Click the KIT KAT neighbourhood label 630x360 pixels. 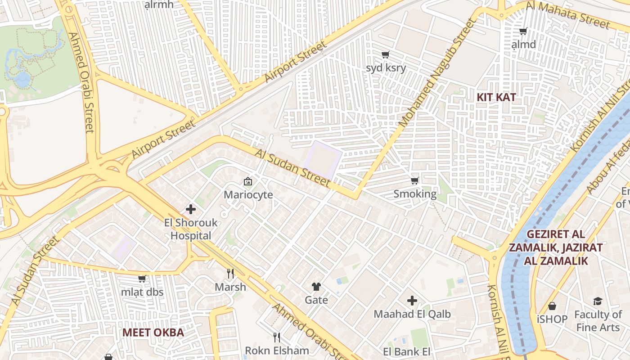coord(496,97)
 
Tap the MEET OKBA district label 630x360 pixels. coord(153,333)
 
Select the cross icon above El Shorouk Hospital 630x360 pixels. coord(191,209)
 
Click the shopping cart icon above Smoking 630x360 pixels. coord(415,181)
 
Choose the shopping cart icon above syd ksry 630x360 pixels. coord(385,55)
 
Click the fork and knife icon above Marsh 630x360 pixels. coord(230,274)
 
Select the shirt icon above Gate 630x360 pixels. coord(316,287)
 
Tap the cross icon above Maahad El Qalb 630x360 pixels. coord(412,301)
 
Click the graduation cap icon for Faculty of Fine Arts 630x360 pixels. coord(598,301)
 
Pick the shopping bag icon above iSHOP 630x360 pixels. coord(552,306)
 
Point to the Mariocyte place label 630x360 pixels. coord(248,195)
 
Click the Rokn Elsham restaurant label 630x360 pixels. coord(277,350)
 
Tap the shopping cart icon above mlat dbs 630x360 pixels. coord(142,279)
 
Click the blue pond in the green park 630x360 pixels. coord(22,79)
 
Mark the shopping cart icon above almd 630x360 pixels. coord(523,31)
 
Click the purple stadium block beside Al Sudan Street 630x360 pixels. coord(322,160)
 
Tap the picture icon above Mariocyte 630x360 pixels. coord(248,182)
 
